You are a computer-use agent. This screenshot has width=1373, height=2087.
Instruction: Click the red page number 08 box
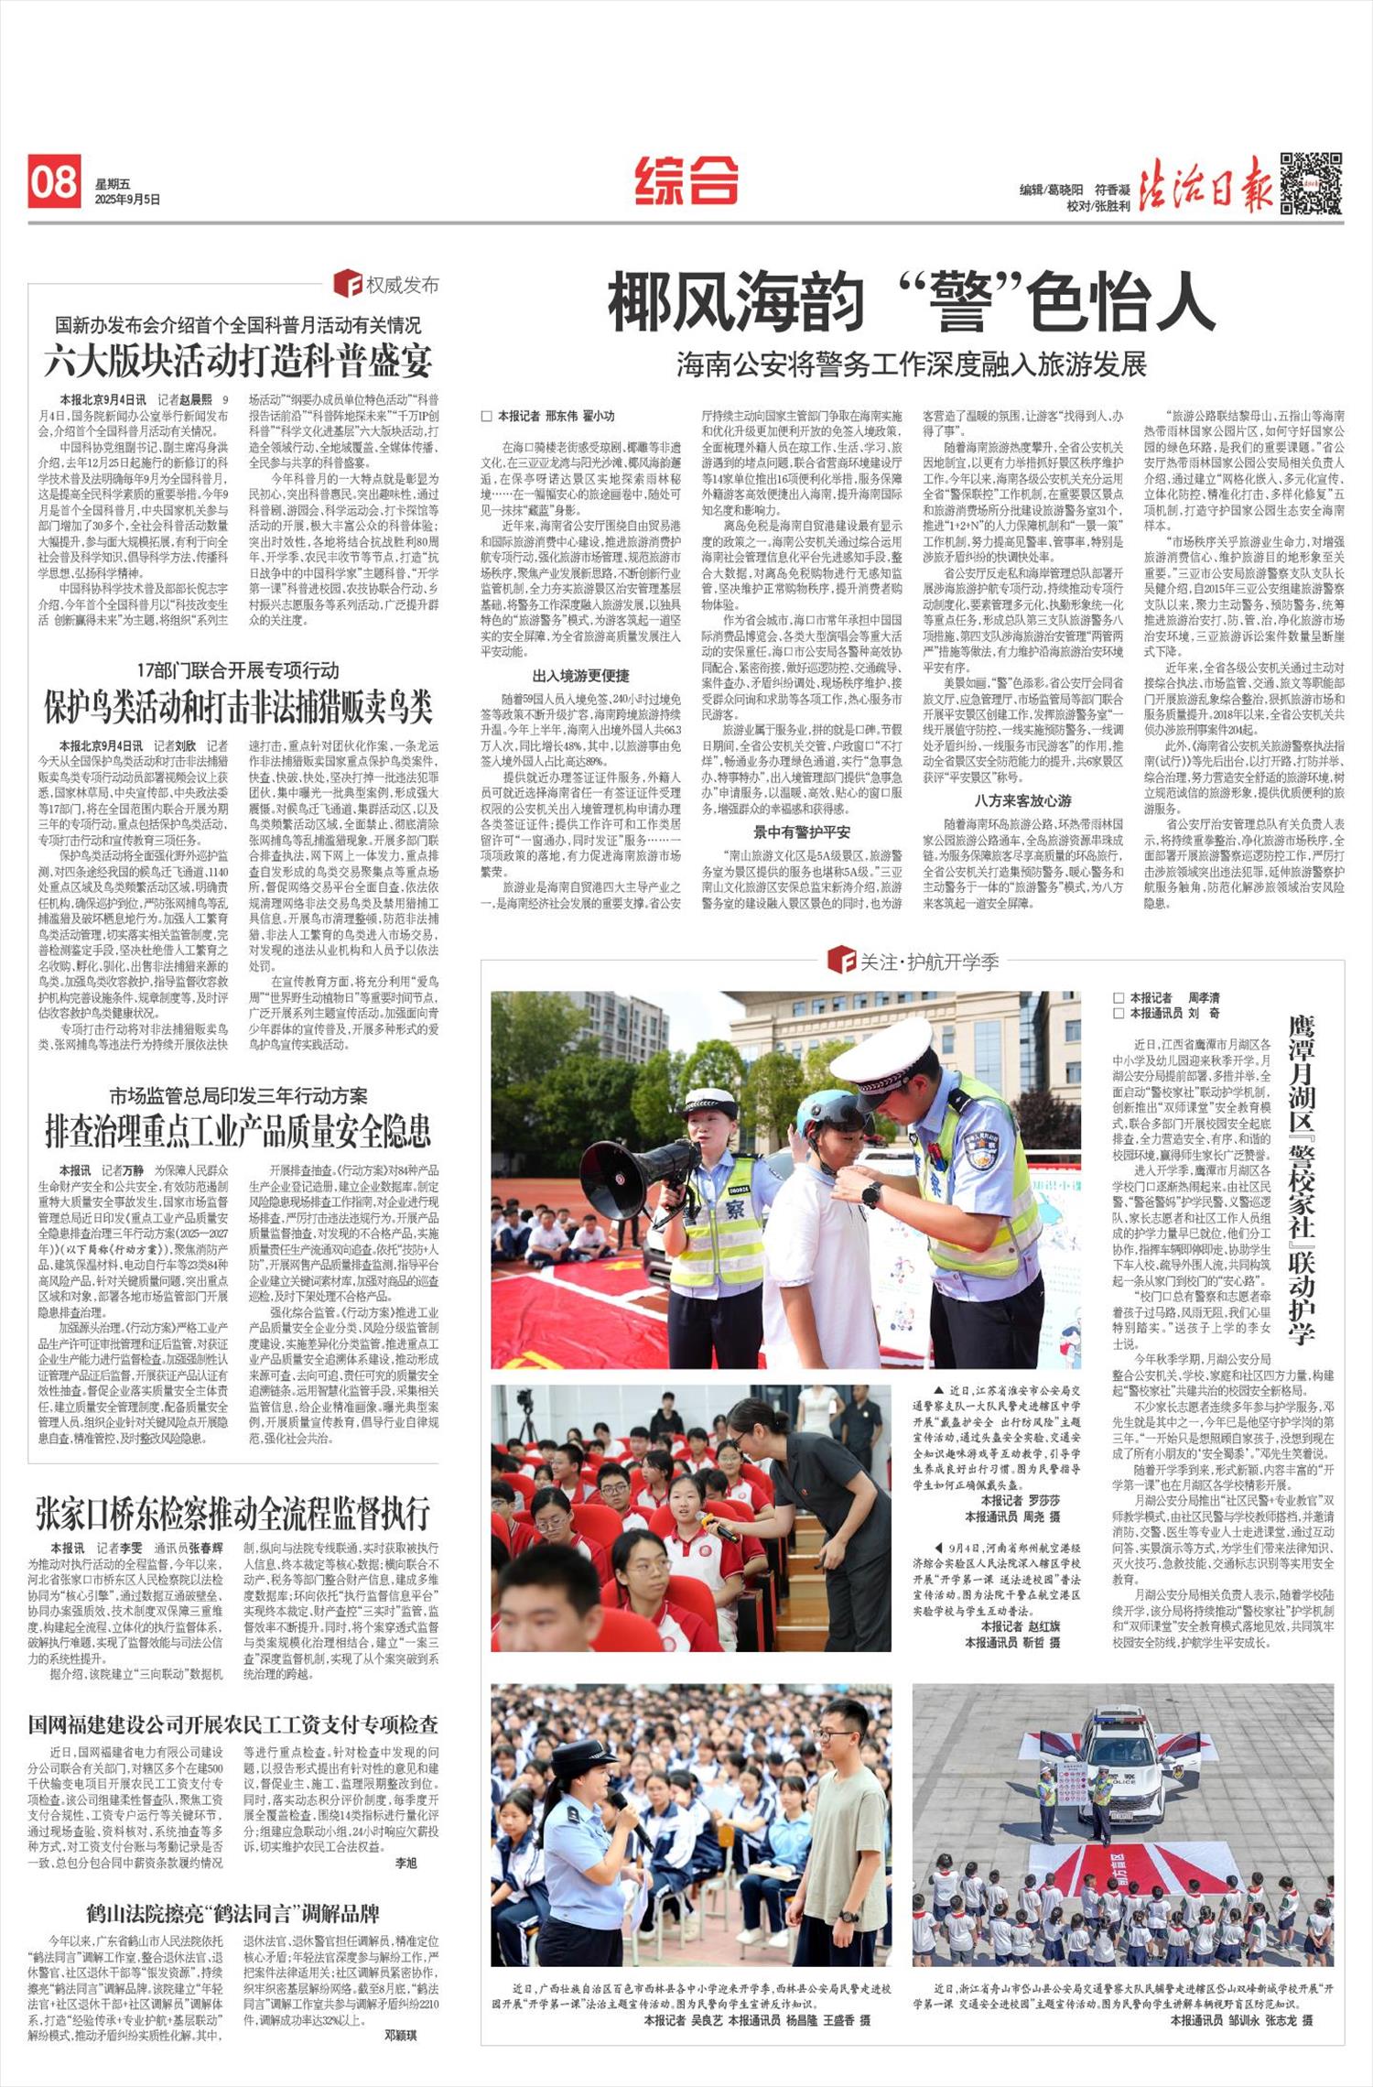pos(53,181)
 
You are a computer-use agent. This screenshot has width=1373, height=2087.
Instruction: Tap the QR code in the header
pos(1311,182)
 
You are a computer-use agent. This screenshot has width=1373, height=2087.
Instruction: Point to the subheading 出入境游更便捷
pos(580,676)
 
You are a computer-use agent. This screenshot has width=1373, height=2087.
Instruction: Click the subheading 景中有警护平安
pos(801,832)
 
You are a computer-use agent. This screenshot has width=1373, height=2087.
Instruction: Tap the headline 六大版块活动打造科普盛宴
pos(238,361)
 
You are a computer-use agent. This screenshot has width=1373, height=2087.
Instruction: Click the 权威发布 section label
pos(388,284)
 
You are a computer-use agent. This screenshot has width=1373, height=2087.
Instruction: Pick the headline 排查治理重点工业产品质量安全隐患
pos(238,1132)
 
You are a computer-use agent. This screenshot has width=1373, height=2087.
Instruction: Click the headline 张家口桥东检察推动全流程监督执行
pos(232,1513)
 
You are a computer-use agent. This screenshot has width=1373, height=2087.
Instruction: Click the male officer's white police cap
pos(883,1051)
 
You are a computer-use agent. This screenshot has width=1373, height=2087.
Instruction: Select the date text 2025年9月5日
pos(127,199)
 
